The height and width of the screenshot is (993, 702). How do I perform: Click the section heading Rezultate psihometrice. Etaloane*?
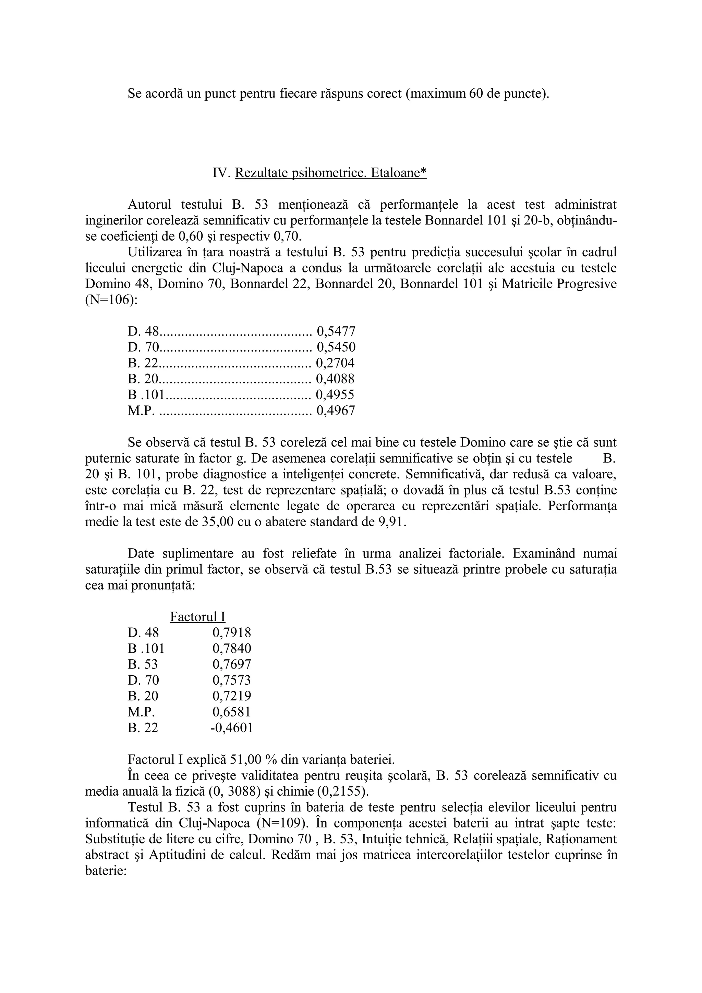pos(330,173)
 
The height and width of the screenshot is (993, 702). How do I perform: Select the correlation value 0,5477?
pos(336,332)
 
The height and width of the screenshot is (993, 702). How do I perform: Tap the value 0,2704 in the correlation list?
pos(335,363)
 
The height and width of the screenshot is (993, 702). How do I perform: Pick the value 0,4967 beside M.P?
pos(336,410)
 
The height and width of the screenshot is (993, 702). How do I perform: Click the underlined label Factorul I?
pos(198,617)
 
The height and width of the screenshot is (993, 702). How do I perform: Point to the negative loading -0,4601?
pos(231,728)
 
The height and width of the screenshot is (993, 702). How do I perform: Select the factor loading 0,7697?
pos(231,664)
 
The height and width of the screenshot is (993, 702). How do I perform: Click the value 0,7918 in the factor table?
pos(231,633)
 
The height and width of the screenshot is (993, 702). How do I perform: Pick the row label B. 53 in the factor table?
pos(143,664)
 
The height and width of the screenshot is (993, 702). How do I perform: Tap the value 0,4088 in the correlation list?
pos(335,379)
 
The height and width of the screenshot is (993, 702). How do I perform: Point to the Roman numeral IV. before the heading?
pos(220,173)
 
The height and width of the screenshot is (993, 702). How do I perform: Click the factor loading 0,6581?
pos(231,712)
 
